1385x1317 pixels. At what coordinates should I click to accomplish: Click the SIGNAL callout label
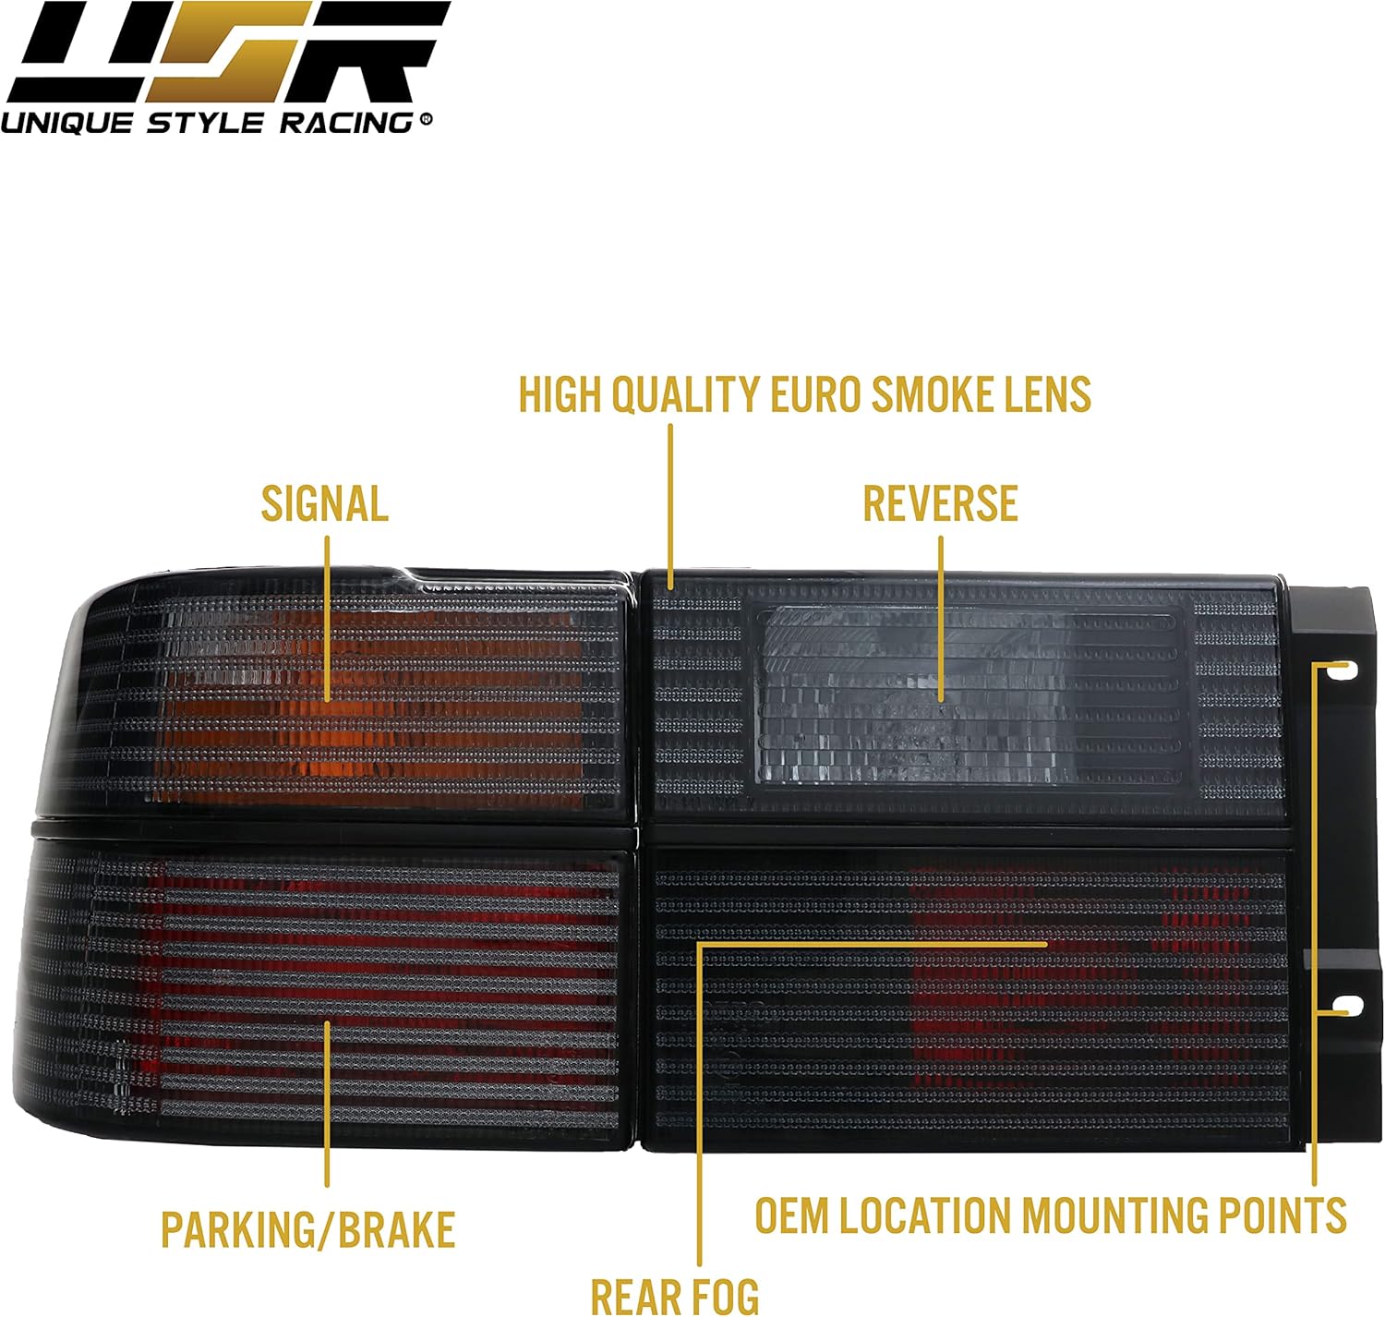point(325,504)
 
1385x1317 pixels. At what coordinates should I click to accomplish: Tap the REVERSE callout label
point(941,504)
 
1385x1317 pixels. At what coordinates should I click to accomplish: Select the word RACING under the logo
point(346,124)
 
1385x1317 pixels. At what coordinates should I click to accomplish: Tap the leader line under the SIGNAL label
point(328,619)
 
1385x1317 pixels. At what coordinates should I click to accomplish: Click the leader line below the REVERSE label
point(941,619)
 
